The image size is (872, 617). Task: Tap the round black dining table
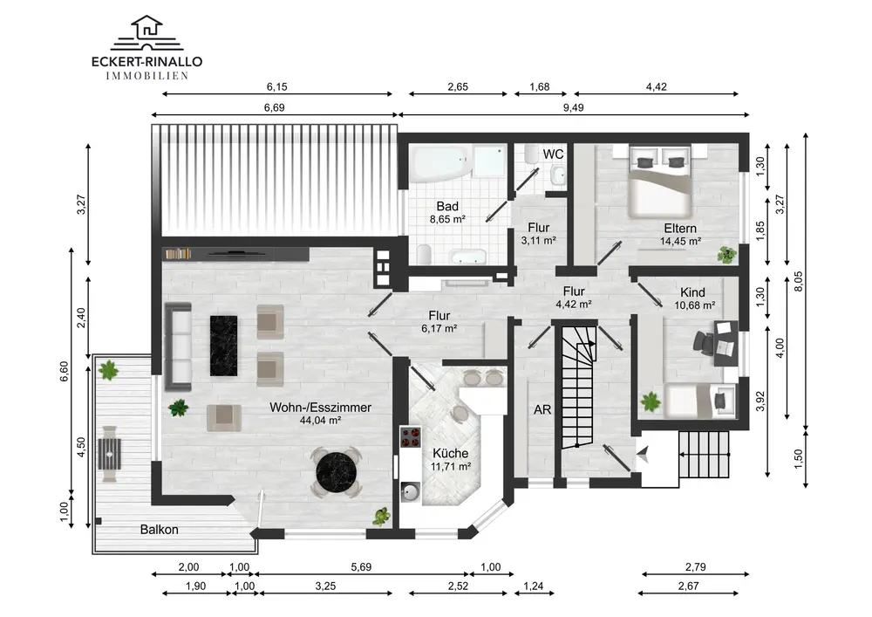pyautogui.click(x=336, y=472)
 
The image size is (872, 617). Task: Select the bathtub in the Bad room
pyautogui.click(x=441, y=163)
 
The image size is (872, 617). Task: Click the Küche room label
pyautogui.click(x=451, y=454)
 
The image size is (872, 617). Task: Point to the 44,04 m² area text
pyautogui.click(x=320, y=421)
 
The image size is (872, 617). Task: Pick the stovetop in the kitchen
pyautogui.click(x=411, y=437)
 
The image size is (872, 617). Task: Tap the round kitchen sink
pyautogui.click(x=411, y=492)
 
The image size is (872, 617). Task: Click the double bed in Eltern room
pyautogui.click(x=660, y=181)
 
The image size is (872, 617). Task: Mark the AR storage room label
pyautogui.click(x=542, y=410)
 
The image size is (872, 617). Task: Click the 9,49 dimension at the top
pyautogui.click(x=574, y=107)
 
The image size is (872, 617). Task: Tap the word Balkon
pyautogui.click(x=159, y=530)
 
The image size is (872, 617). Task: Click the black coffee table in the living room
pyautogui.click(x=223, y=346)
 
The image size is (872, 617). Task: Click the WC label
pyautogui.click(x=553, y=154)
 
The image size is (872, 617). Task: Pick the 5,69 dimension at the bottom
pyautogui.click(x=361, y=567)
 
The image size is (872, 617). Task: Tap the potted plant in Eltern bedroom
pyautogui.click(x=726, y=254)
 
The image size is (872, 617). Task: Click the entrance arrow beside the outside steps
pyautogui.click(x=644, y=454)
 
